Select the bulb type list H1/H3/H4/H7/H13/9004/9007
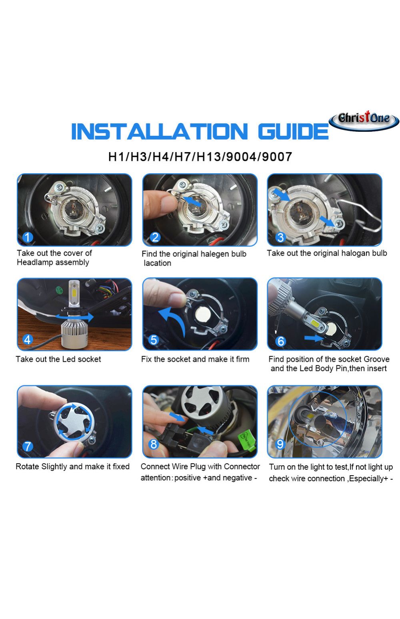[200, 157]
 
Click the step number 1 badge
[28, 237]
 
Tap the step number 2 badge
[155, 237]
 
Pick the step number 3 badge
[280, 237]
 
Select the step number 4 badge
[28, 339]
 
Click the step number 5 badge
[154, 339]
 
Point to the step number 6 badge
[280, 341]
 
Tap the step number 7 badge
[28, 446]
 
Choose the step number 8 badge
[154, 444]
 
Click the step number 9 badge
[280, 444]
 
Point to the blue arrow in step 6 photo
[314, 338]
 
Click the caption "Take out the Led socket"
[58, 359]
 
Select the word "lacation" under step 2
[157, 263]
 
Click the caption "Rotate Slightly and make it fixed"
[72, 466]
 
